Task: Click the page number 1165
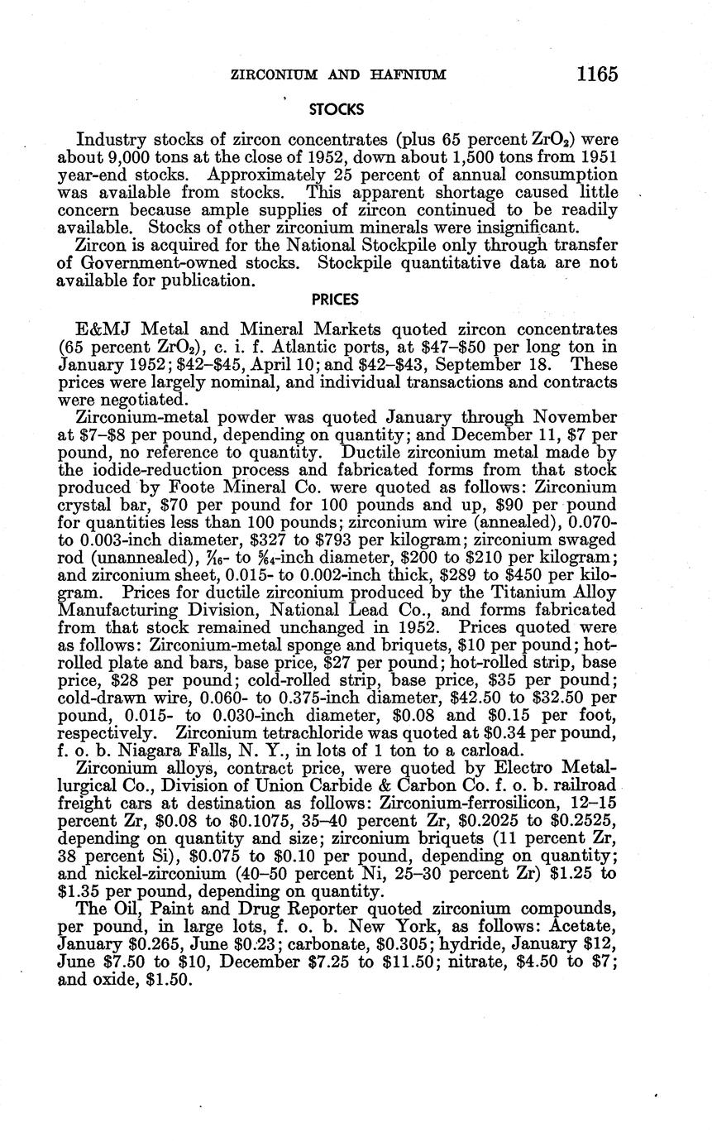[597, 74]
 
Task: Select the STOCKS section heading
[336, 108]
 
